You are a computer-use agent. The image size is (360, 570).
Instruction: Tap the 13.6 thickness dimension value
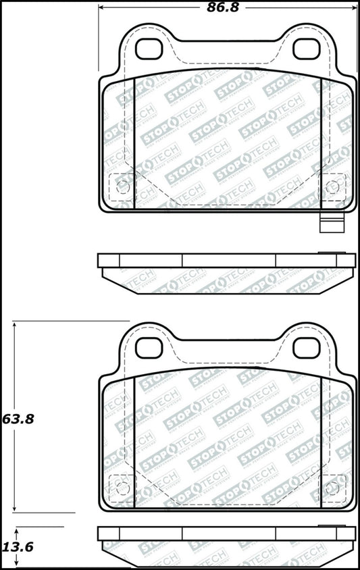(18, 548)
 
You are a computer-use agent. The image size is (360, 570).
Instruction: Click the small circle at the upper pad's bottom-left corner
(122, 187)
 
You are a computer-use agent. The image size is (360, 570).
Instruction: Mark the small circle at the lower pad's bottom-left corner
(122, 487)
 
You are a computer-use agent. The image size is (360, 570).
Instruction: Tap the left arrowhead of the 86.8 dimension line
(103, 9)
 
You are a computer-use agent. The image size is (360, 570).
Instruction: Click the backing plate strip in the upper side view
(226, 261)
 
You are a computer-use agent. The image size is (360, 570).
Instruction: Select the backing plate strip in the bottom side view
(226, 534)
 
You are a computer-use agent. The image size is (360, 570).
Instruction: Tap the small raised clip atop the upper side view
(330, 253)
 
